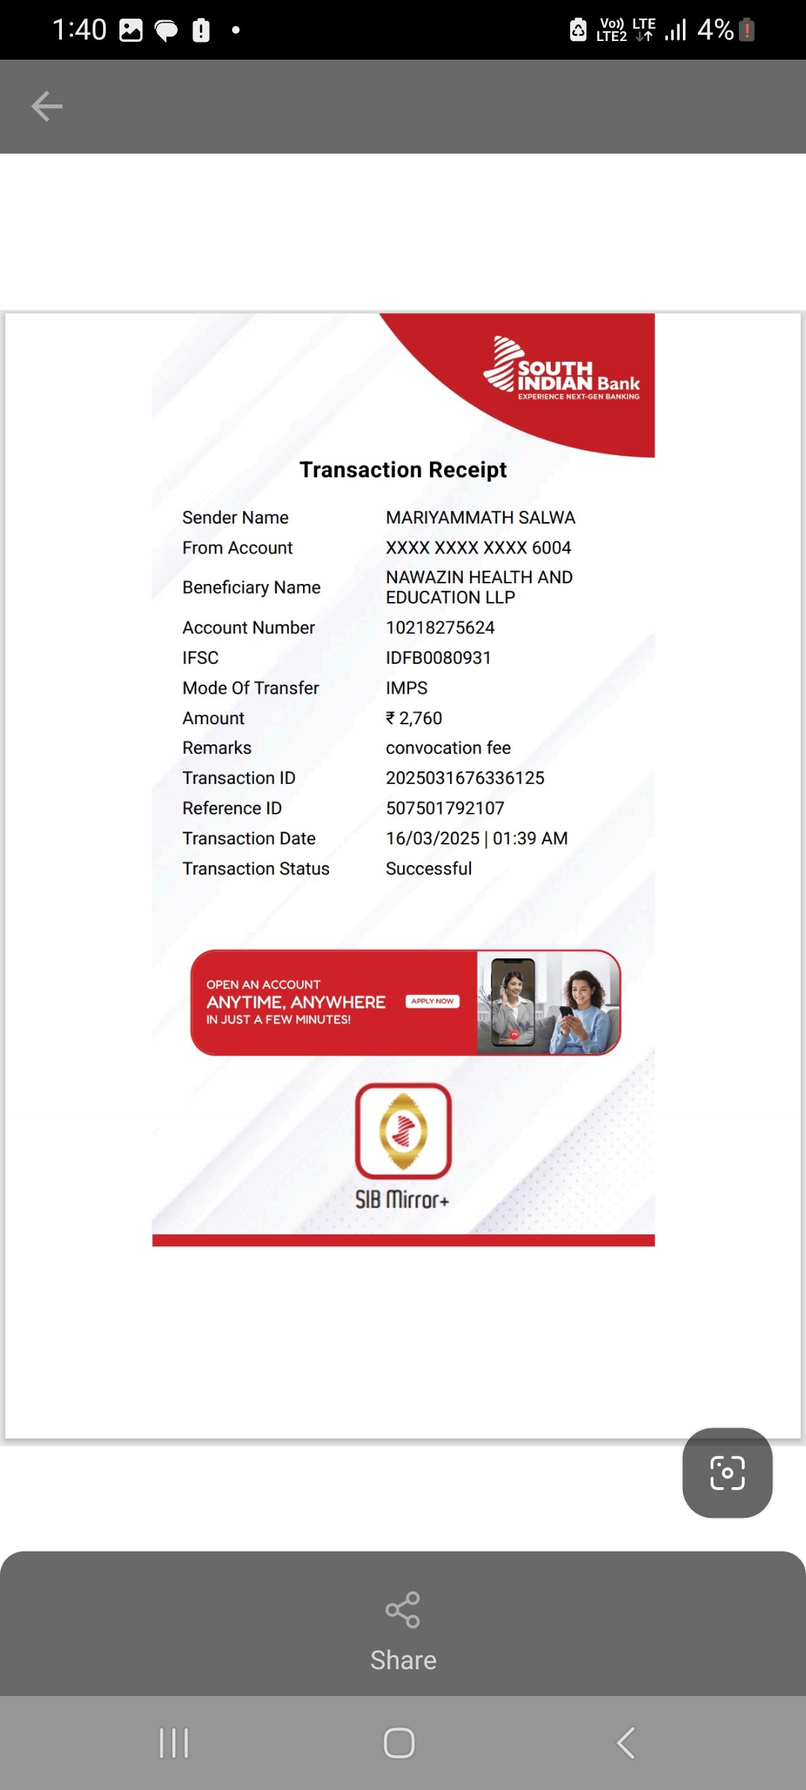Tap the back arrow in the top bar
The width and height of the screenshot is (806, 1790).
coord(46,106)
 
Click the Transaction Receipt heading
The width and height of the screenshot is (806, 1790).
coord(403,470)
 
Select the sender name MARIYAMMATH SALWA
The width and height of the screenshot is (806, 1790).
coord(480,518)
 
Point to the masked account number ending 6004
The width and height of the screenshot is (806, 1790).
coord(478,548)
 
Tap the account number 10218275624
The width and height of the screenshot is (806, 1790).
coord(440,628)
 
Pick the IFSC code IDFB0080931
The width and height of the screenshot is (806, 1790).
coord(438,658)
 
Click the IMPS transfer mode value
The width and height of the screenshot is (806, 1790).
coord(407,688)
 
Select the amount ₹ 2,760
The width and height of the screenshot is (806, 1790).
coord(414,718)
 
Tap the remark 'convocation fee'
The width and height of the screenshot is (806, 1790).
coord(448,748)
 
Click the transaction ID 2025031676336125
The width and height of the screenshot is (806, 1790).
coord(465,778)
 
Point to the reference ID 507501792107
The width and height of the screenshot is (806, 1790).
coord(445,808)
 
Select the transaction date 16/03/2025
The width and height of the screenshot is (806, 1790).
coord(433,838)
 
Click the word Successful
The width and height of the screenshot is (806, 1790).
coord(428,869)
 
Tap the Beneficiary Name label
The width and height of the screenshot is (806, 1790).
coord(252,588)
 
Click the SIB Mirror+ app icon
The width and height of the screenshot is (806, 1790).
coord(403,1131)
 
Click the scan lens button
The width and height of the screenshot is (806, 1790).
coord(727,1473)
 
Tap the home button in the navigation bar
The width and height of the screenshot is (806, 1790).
coord(399,1743)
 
